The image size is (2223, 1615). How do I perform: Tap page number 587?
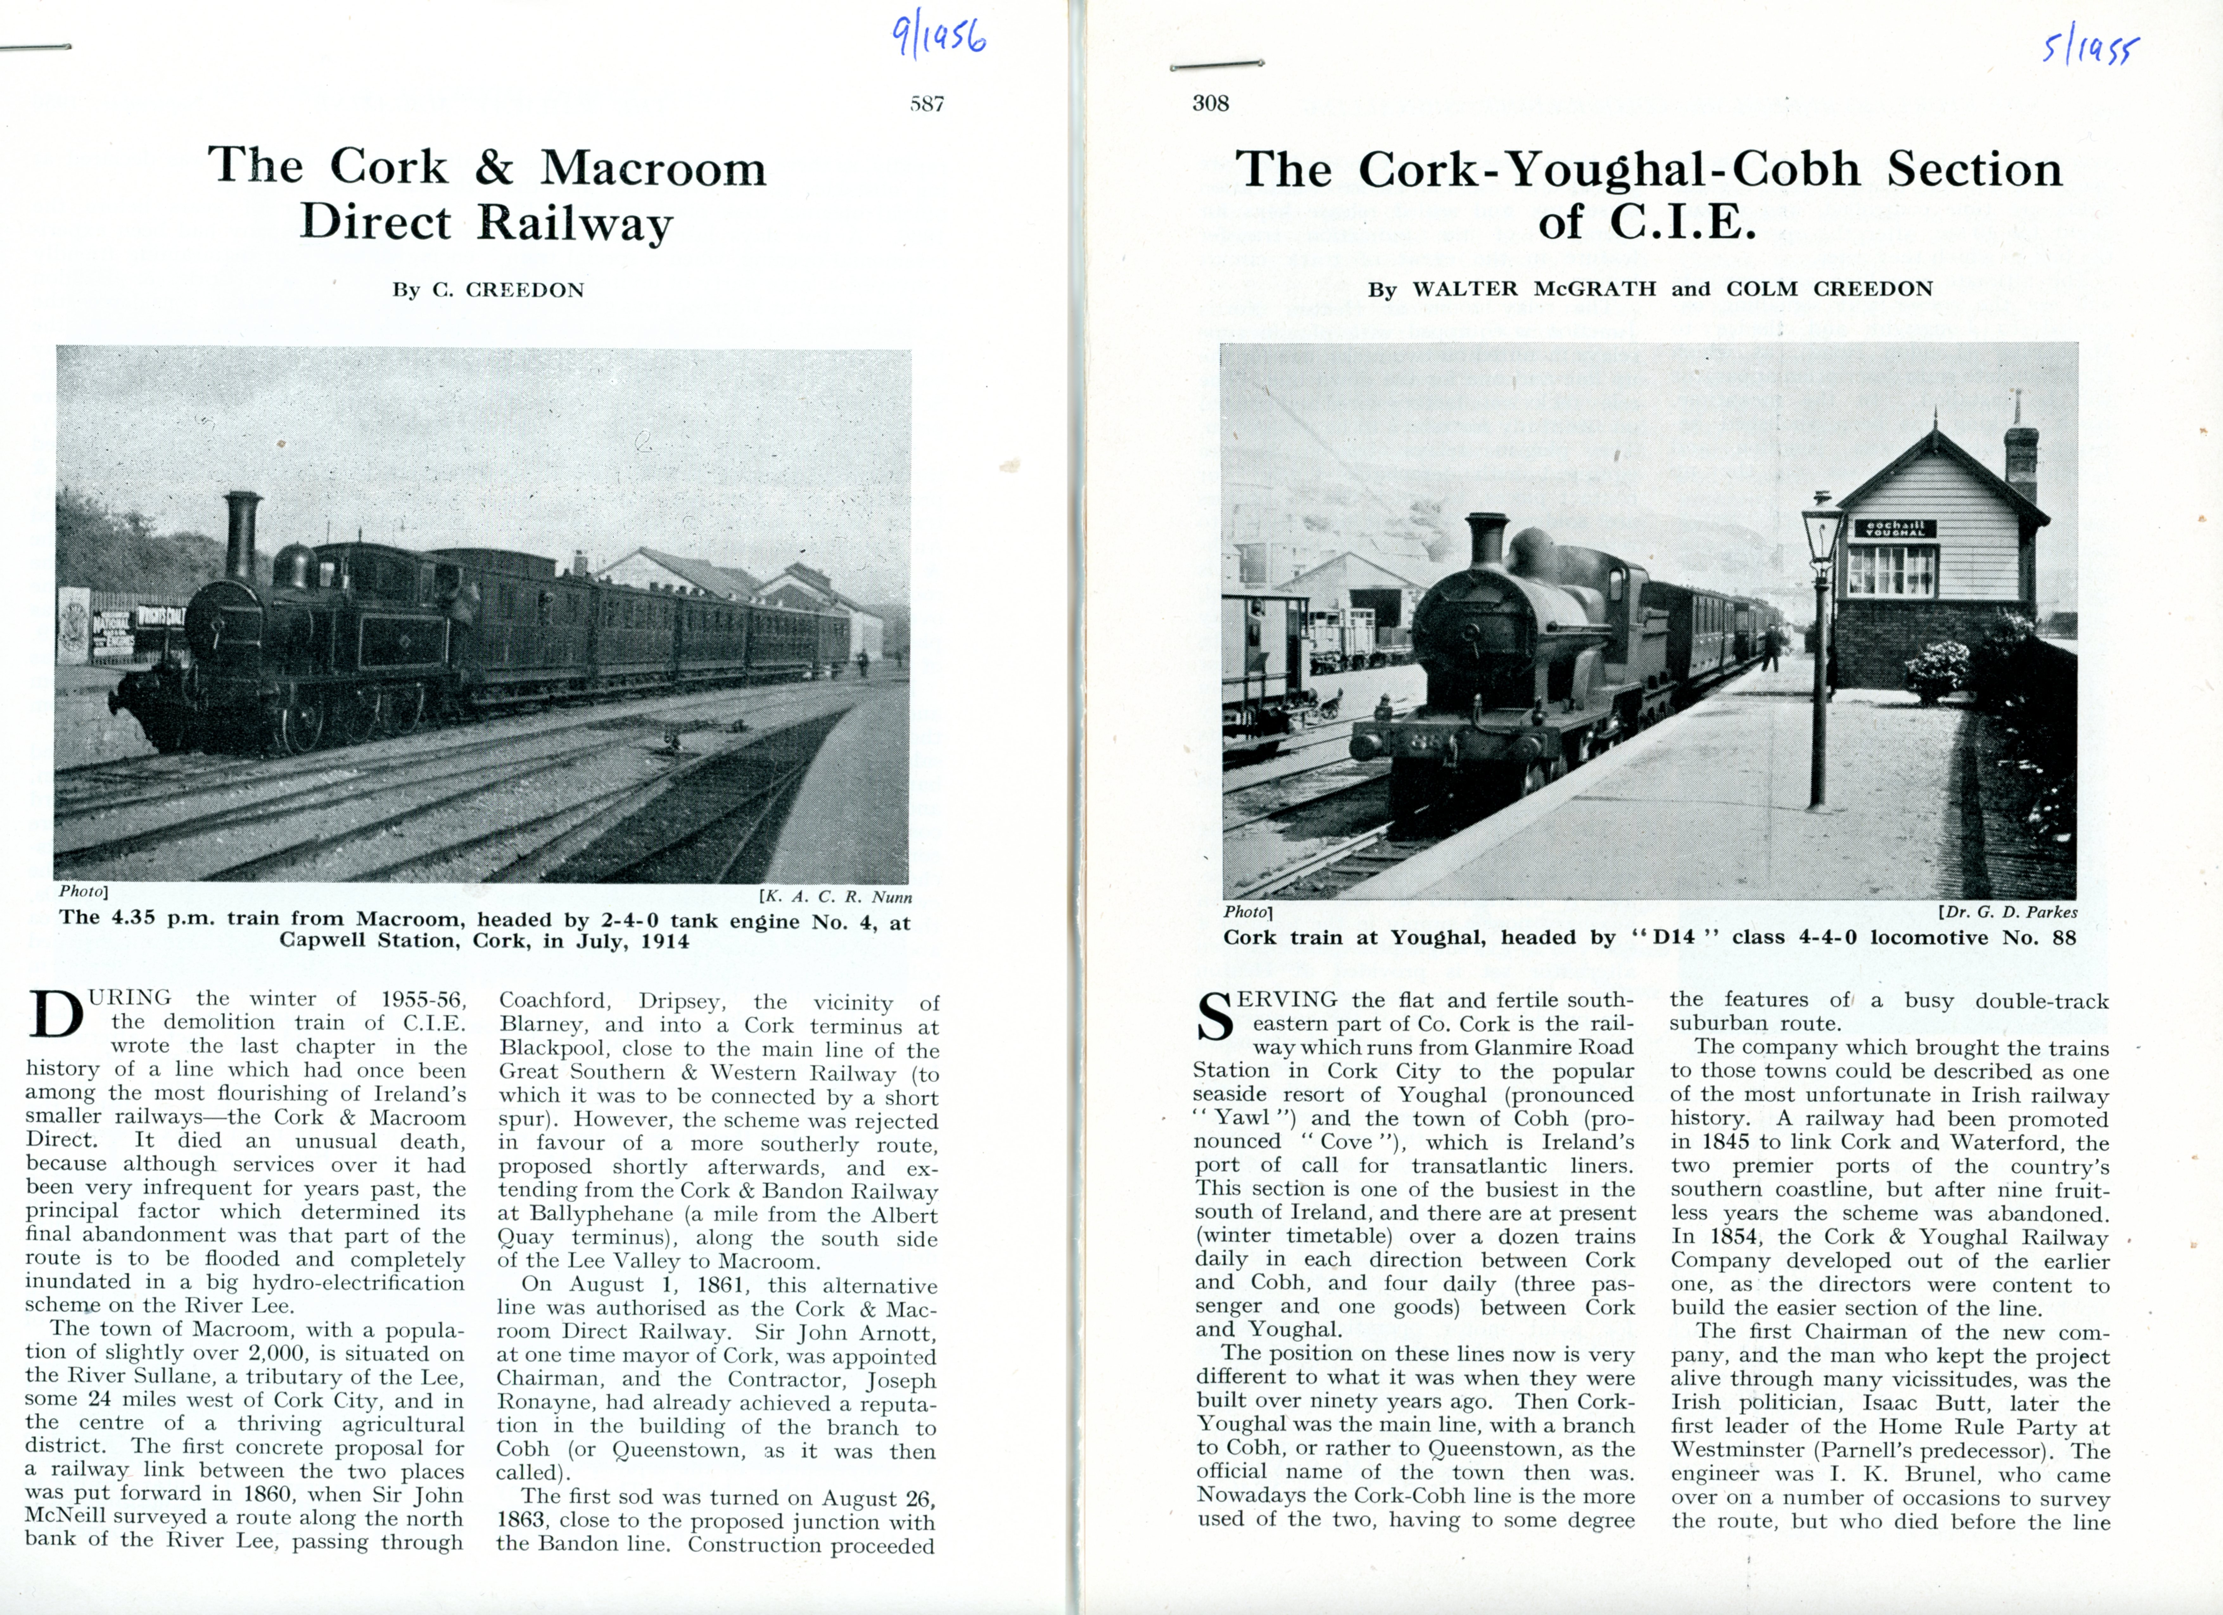tap(926, 104)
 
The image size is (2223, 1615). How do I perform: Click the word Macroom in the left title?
tap(654, 168)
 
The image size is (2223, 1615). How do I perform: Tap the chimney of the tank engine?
tap(242, 534)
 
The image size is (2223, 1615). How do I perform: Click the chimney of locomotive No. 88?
tap(1487, 537)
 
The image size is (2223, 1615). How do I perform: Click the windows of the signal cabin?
tap(1891, 570)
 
